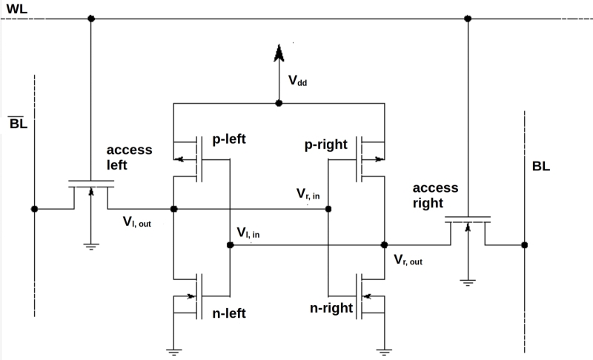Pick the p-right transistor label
pos(325,144)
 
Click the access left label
pos(129,157)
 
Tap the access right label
pos(436,196)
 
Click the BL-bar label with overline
pos(18,122)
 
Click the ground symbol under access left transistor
pos(91,246)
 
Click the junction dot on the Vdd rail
pos(279,103)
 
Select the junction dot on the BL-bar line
pos(34,209)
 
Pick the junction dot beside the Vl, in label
pos(230,244)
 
